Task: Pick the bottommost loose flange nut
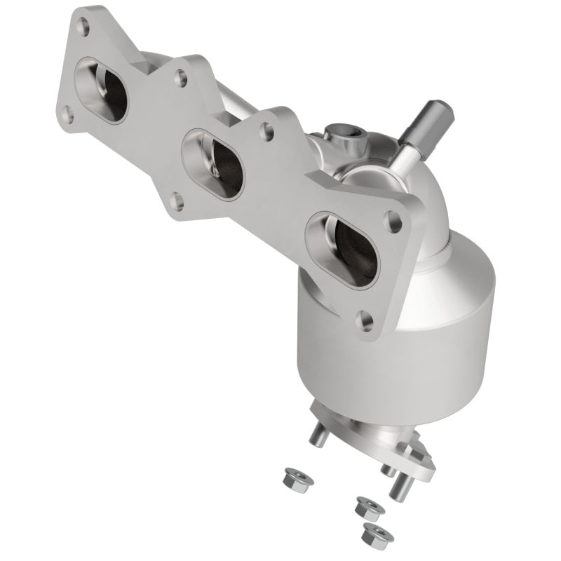(x=377, y=536)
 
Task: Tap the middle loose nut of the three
(x=365, y=505)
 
